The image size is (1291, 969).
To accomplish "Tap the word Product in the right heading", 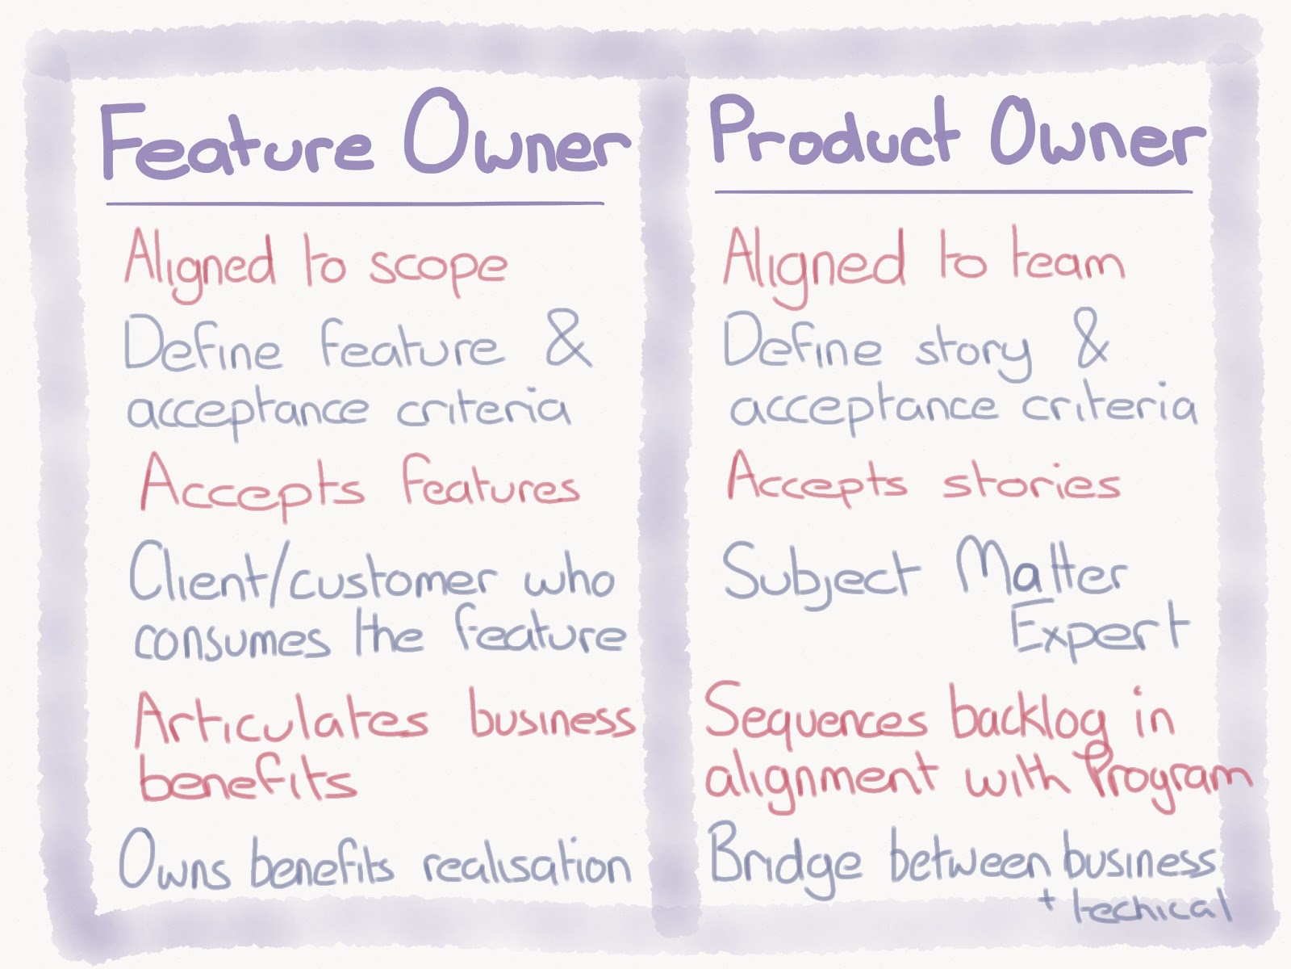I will pos(835,133).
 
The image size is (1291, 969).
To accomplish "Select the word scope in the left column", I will pos(438,266).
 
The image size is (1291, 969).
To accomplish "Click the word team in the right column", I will pos(1067,260).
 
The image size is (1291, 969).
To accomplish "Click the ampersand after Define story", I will pos(1092,340).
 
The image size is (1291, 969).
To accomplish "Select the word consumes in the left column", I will pos(232,640).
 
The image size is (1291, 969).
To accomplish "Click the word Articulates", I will pos(281,719).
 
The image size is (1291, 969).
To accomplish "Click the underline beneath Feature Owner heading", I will pos(355,203).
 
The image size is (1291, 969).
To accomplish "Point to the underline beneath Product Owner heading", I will pos(953,192).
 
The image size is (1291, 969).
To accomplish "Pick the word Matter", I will pos(1040,570).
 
